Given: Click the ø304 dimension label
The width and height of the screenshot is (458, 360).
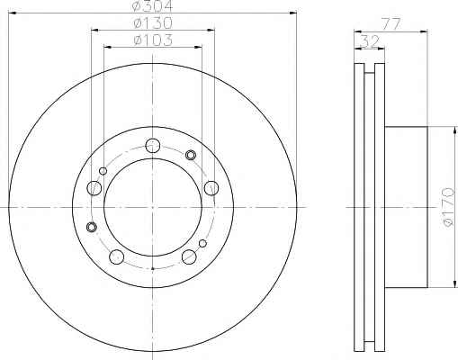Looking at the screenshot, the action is pos(153,5).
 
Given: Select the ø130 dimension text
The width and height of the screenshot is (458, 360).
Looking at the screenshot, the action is pos(153,22).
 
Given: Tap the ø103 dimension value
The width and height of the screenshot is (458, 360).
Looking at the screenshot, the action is pos(153,40).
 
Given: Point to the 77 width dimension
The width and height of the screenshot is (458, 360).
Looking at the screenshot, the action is pos(391,24).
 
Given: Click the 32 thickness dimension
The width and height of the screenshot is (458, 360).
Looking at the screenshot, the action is pos(370,41).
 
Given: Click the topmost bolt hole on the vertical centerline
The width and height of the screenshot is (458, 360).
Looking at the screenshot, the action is pos(153,146).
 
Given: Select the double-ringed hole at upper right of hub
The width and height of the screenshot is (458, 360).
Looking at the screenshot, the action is pos(191,155).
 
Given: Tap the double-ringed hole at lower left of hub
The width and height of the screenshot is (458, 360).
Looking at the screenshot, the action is pos(91,227).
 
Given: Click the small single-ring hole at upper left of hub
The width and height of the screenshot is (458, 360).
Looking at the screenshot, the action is pos(103,171).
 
